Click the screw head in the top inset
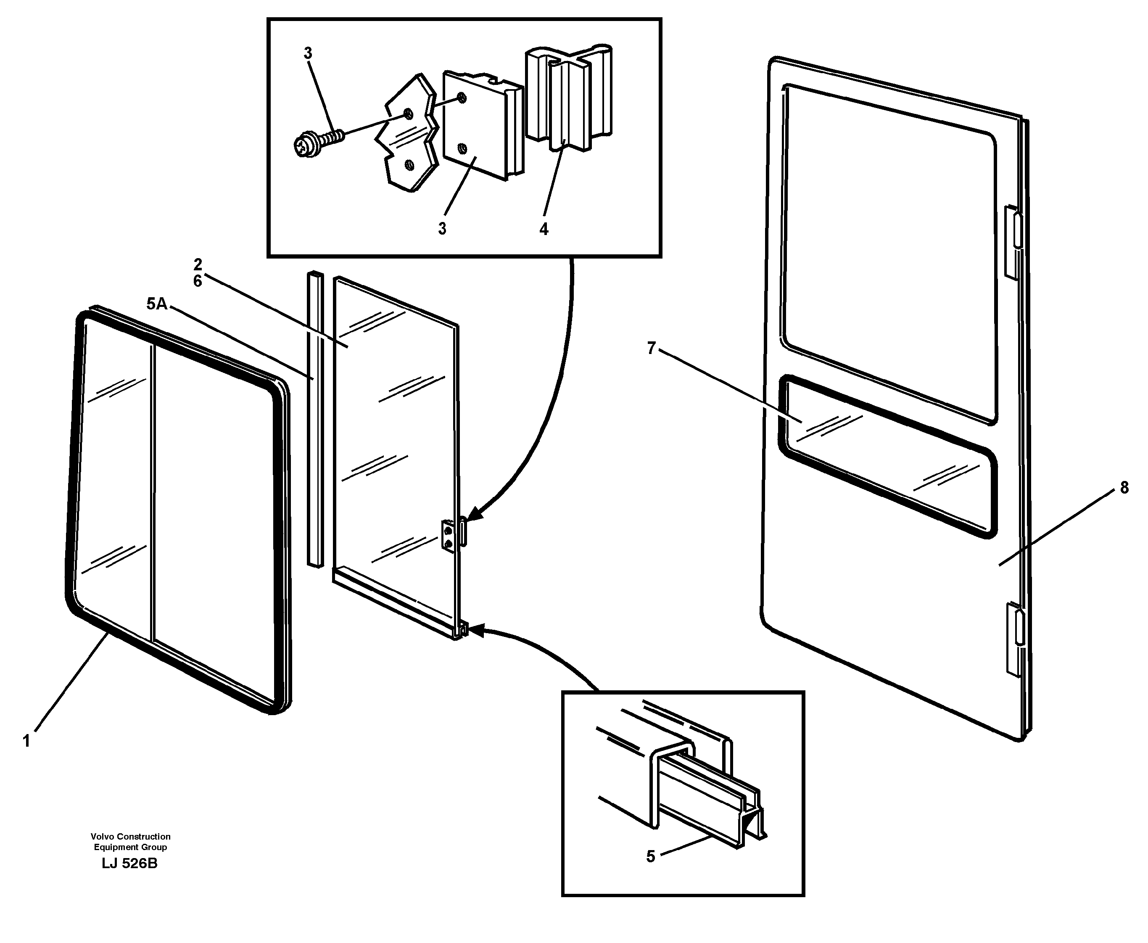[x=303, y=145]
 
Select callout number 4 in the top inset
[x=544, y=229]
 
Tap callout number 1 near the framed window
[x=26, y=741]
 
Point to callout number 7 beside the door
[x=652, y=348]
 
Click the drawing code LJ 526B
[x=129, y=864]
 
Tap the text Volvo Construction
[x=130, y=837]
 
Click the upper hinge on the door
[x=1013, y=242]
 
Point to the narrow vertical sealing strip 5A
[x=314, y=418]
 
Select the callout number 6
[x=197, y=281]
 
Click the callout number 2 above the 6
[x=197, y=264]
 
